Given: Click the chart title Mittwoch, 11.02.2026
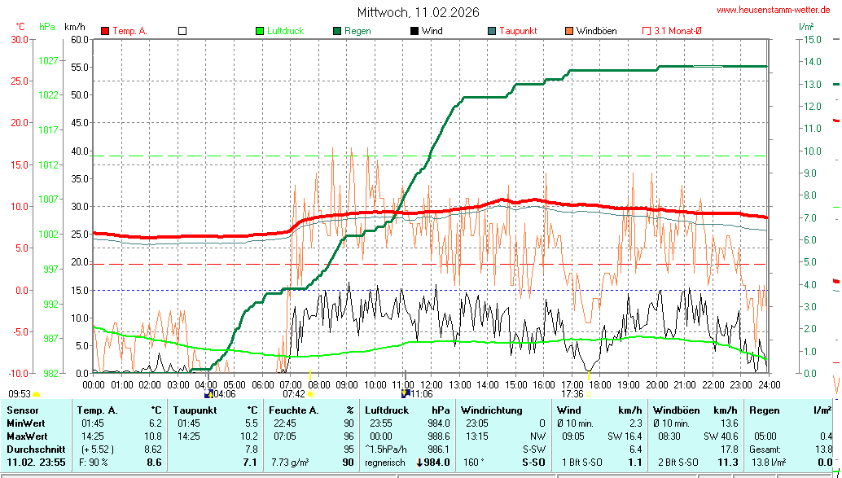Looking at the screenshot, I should [418, 12].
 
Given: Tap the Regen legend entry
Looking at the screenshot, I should [357, 31].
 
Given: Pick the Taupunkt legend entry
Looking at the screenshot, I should [517, 31].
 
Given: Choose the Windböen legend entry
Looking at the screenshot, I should [596, 31].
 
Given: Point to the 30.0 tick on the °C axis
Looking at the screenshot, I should [19, 39].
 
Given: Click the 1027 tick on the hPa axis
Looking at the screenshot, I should [48, 60].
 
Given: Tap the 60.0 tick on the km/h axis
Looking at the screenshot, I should [79, 39].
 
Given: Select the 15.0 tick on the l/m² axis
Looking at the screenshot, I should [811, 39].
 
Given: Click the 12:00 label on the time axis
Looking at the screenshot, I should [431, 384].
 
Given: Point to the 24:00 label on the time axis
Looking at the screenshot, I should [769, 384].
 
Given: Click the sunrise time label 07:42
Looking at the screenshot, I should [293, 394].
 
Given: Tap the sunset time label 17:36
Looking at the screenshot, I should [572, 394].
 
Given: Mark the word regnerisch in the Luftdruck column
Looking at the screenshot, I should [385, 462].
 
